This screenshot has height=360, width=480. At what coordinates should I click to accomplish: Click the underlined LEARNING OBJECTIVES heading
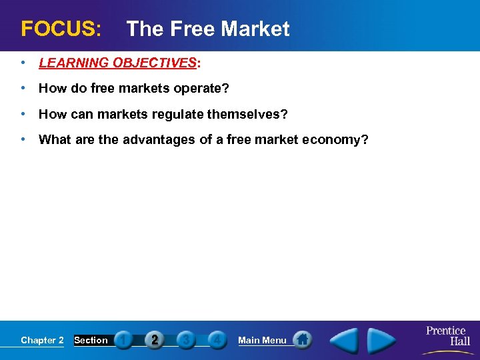tap(119, 63)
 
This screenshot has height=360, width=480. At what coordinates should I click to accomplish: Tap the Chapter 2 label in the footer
tap(42, 340)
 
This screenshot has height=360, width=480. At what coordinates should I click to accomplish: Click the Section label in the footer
tap(91, 340)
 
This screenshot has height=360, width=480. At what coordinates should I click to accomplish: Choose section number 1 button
tap(123, 340)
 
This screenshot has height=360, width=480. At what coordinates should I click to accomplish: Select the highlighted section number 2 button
tap(155, 340)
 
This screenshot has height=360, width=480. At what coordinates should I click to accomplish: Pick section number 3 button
tap(186, 340)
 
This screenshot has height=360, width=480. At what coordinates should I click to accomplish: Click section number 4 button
tap(217, 340)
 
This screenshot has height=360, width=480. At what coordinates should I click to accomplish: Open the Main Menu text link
tap(262, 340)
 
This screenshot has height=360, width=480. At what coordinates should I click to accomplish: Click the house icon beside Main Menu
tap(302, 339)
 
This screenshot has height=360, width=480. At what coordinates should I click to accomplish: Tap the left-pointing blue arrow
tap(345, 340)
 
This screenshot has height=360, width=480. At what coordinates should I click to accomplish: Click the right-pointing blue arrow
tap(382, 340)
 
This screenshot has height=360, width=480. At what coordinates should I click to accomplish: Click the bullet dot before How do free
tap(24, 89)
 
